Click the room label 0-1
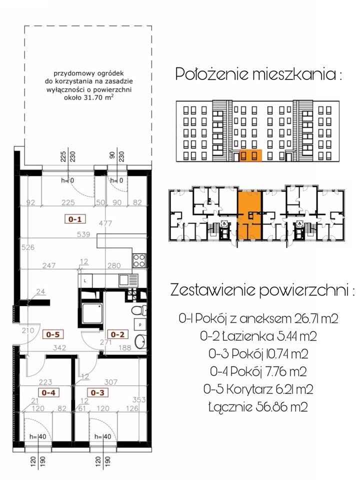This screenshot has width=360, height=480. click(x=75, y=219)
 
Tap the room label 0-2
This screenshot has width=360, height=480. click(x=118, y=334)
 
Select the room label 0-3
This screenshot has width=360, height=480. click(x=97, y=392)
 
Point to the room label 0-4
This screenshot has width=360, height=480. click(x=48, y=392)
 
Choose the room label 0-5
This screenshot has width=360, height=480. click(x=52, y=334)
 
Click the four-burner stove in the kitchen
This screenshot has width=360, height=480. click(x=139, y=261)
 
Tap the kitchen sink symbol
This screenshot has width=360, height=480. click(x=128, y=280)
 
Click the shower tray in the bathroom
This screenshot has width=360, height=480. click(x=91, y=312)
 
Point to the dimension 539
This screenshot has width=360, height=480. click(x=83, y=234)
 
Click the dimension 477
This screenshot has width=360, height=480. click(x=105, y=223)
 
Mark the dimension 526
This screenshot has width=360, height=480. click(x=28, y=247)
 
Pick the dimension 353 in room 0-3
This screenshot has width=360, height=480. click(x=139, y=400)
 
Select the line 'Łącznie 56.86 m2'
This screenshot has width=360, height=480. click(x=258, y=407)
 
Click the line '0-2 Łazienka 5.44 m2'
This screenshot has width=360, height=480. click(x=258, y=336)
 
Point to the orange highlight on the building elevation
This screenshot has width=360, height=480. click(x=250, y=155)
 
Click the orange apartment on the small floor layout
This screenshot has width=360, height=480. click(x=250, y=215)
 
